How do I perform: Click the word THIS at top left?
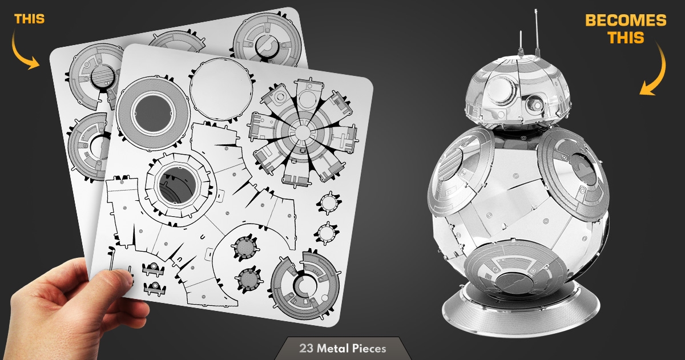(29, 19)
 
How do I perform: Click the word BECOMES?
(626, 21)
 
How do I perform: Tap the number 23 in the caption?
(306, 349)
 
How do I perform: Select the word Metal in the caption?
(333, 349)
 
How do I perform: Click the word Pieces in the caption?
(369, 349)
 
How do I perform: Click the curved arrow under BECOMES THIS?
(658, 70)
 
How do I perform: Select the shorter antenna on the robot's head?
(521, 43)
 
